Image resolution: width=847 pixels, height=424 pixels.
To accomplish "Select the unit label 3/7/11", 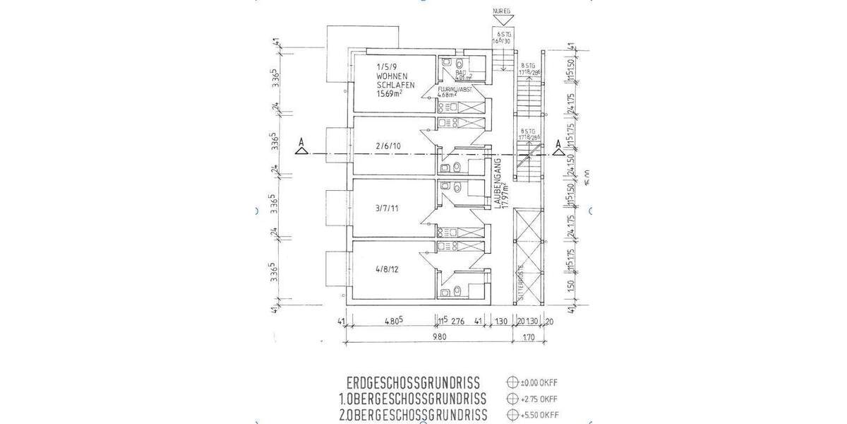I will coord(388,208).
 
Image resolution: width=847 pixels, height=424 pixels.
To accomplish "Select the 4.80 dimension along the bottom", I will coord(393,321).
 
